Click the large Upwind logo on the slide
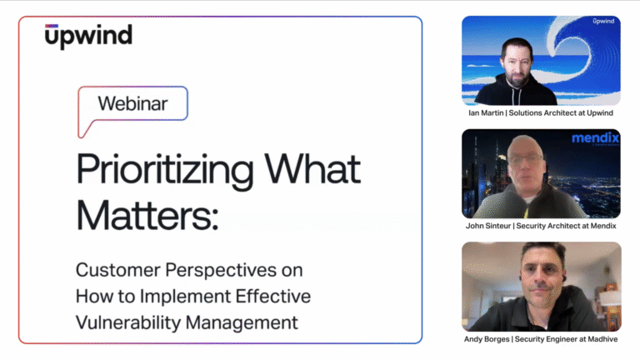pos(88,37)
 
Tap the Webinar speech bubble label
pos(132,104)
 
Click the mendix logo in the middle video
pos(595,138)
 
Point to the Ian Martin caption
pos(542,112)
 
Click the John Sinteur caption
pos(542,225)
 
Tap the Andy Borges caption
pos(542,338)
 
